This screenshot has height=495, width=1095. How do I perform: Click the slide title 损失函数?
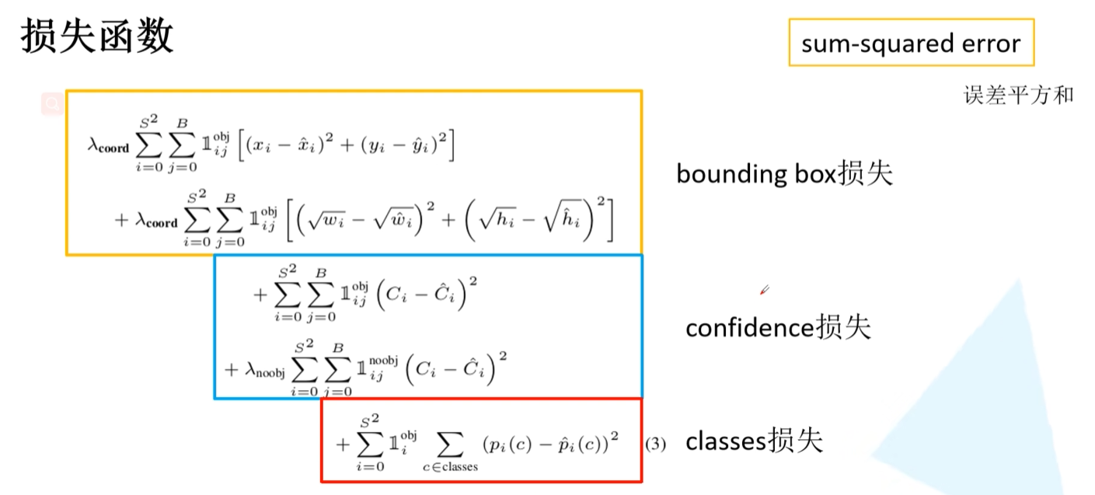click(96, 37)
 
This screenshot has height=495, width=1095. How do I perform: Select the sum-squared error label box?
click(911, 43)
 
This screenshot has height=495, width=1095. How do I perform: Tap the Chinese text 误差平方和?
click(1018, 95)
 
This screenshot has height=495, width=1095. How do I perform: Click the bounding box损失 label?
click(784, 173)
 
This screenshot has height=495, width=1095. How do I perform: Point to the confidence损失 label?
click(778, 328)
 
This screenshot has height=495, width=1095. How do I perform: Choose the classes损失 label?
click(753, 441)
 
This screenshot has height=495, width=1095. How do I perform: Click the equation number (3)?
click(655, 444)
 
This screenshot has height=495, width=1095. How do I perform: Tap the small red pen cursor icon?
click(765, 291)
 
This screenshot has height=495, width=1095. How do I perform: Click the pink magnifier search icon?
click(53, 103)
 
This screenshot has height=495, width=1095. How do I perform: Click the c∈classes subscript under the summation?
click(451, 466)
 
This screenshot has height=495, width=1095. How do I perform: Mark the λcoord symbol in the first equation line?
click(108, 146)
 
